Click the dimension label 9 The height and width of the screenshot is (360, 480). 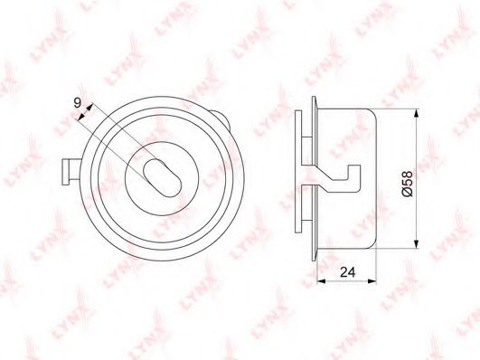[x=78, y=102]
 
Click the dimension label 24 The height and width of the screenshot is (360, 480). [x=348, y=271]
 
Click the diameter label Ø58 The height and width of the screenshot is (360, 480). [x=407, y=184]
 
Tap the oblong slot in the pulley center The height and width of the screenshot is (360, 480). [x=162, y=178]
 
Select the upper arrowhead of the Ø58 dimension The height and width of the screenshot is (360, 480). [x=416, y=113]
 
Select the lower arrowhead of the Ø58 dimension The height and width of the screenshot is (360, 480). [x=416, y=244]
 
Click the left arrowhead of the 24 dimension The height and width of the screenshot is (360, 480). [x=322, y=280]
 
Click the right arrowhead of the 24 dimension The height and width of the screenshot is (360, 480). [x=372, y=280]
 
